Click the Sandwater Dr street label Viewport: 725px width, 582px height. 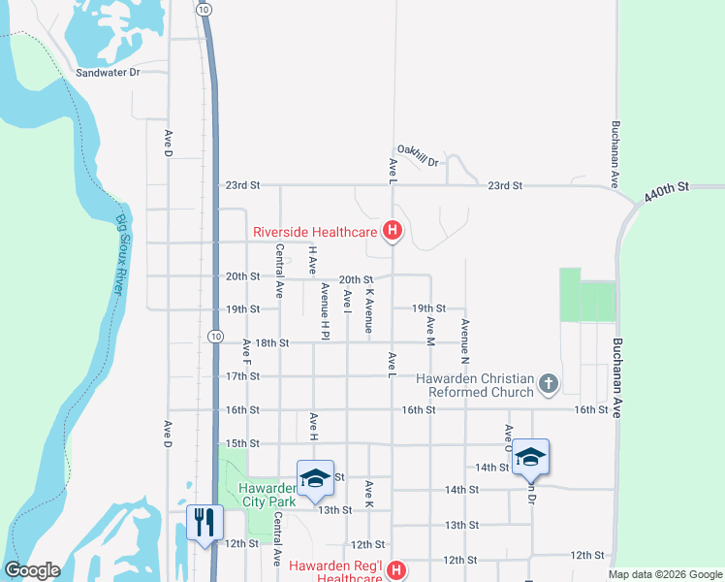click(x=109, y=73)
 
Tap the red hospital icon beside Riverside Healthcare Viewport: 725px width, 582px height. click(x=393, y=231)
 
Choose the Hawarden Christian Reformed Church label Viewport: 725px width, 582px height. click(x=476, y=385)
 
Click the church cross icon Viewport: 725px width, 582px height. click(x=549, y=384)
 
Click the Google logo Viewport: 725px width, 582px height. click(x=32, y=570)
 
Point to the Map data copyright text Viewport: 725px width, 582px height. click(x=664, y=574)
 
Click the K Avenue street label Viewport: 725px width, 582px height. click(x=369, y=309)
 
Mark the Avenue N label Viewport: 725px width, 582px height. click(x=465, y=341)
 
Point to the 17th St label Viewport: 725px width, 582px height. click(x=243, y=376)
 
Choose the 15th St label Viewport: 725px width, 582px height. click(x=243, y=443)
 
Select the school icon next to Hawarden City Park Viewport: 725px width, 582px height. click(x=315, y=478)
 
